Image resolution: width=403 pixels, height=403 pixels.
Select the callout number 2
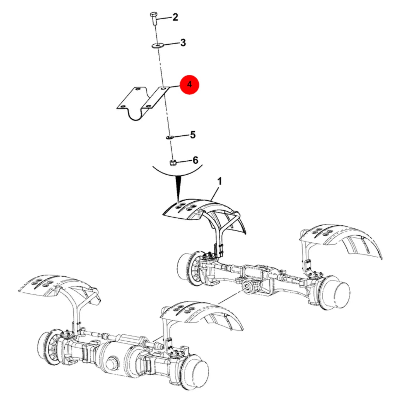tap(175, 17)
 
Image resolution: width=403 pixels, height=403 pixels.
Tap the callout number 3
tap(183, 43)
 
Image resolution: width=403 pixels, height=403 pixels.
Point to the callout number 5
tap(193, 135)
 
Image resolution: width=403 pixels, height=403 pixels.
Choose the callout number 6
tap(195, 160)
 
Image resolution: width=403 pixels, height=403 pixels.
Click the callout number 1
tap(220, 181)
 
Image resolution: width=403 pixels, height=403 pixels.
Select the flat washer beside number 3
tap(157, 45)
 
